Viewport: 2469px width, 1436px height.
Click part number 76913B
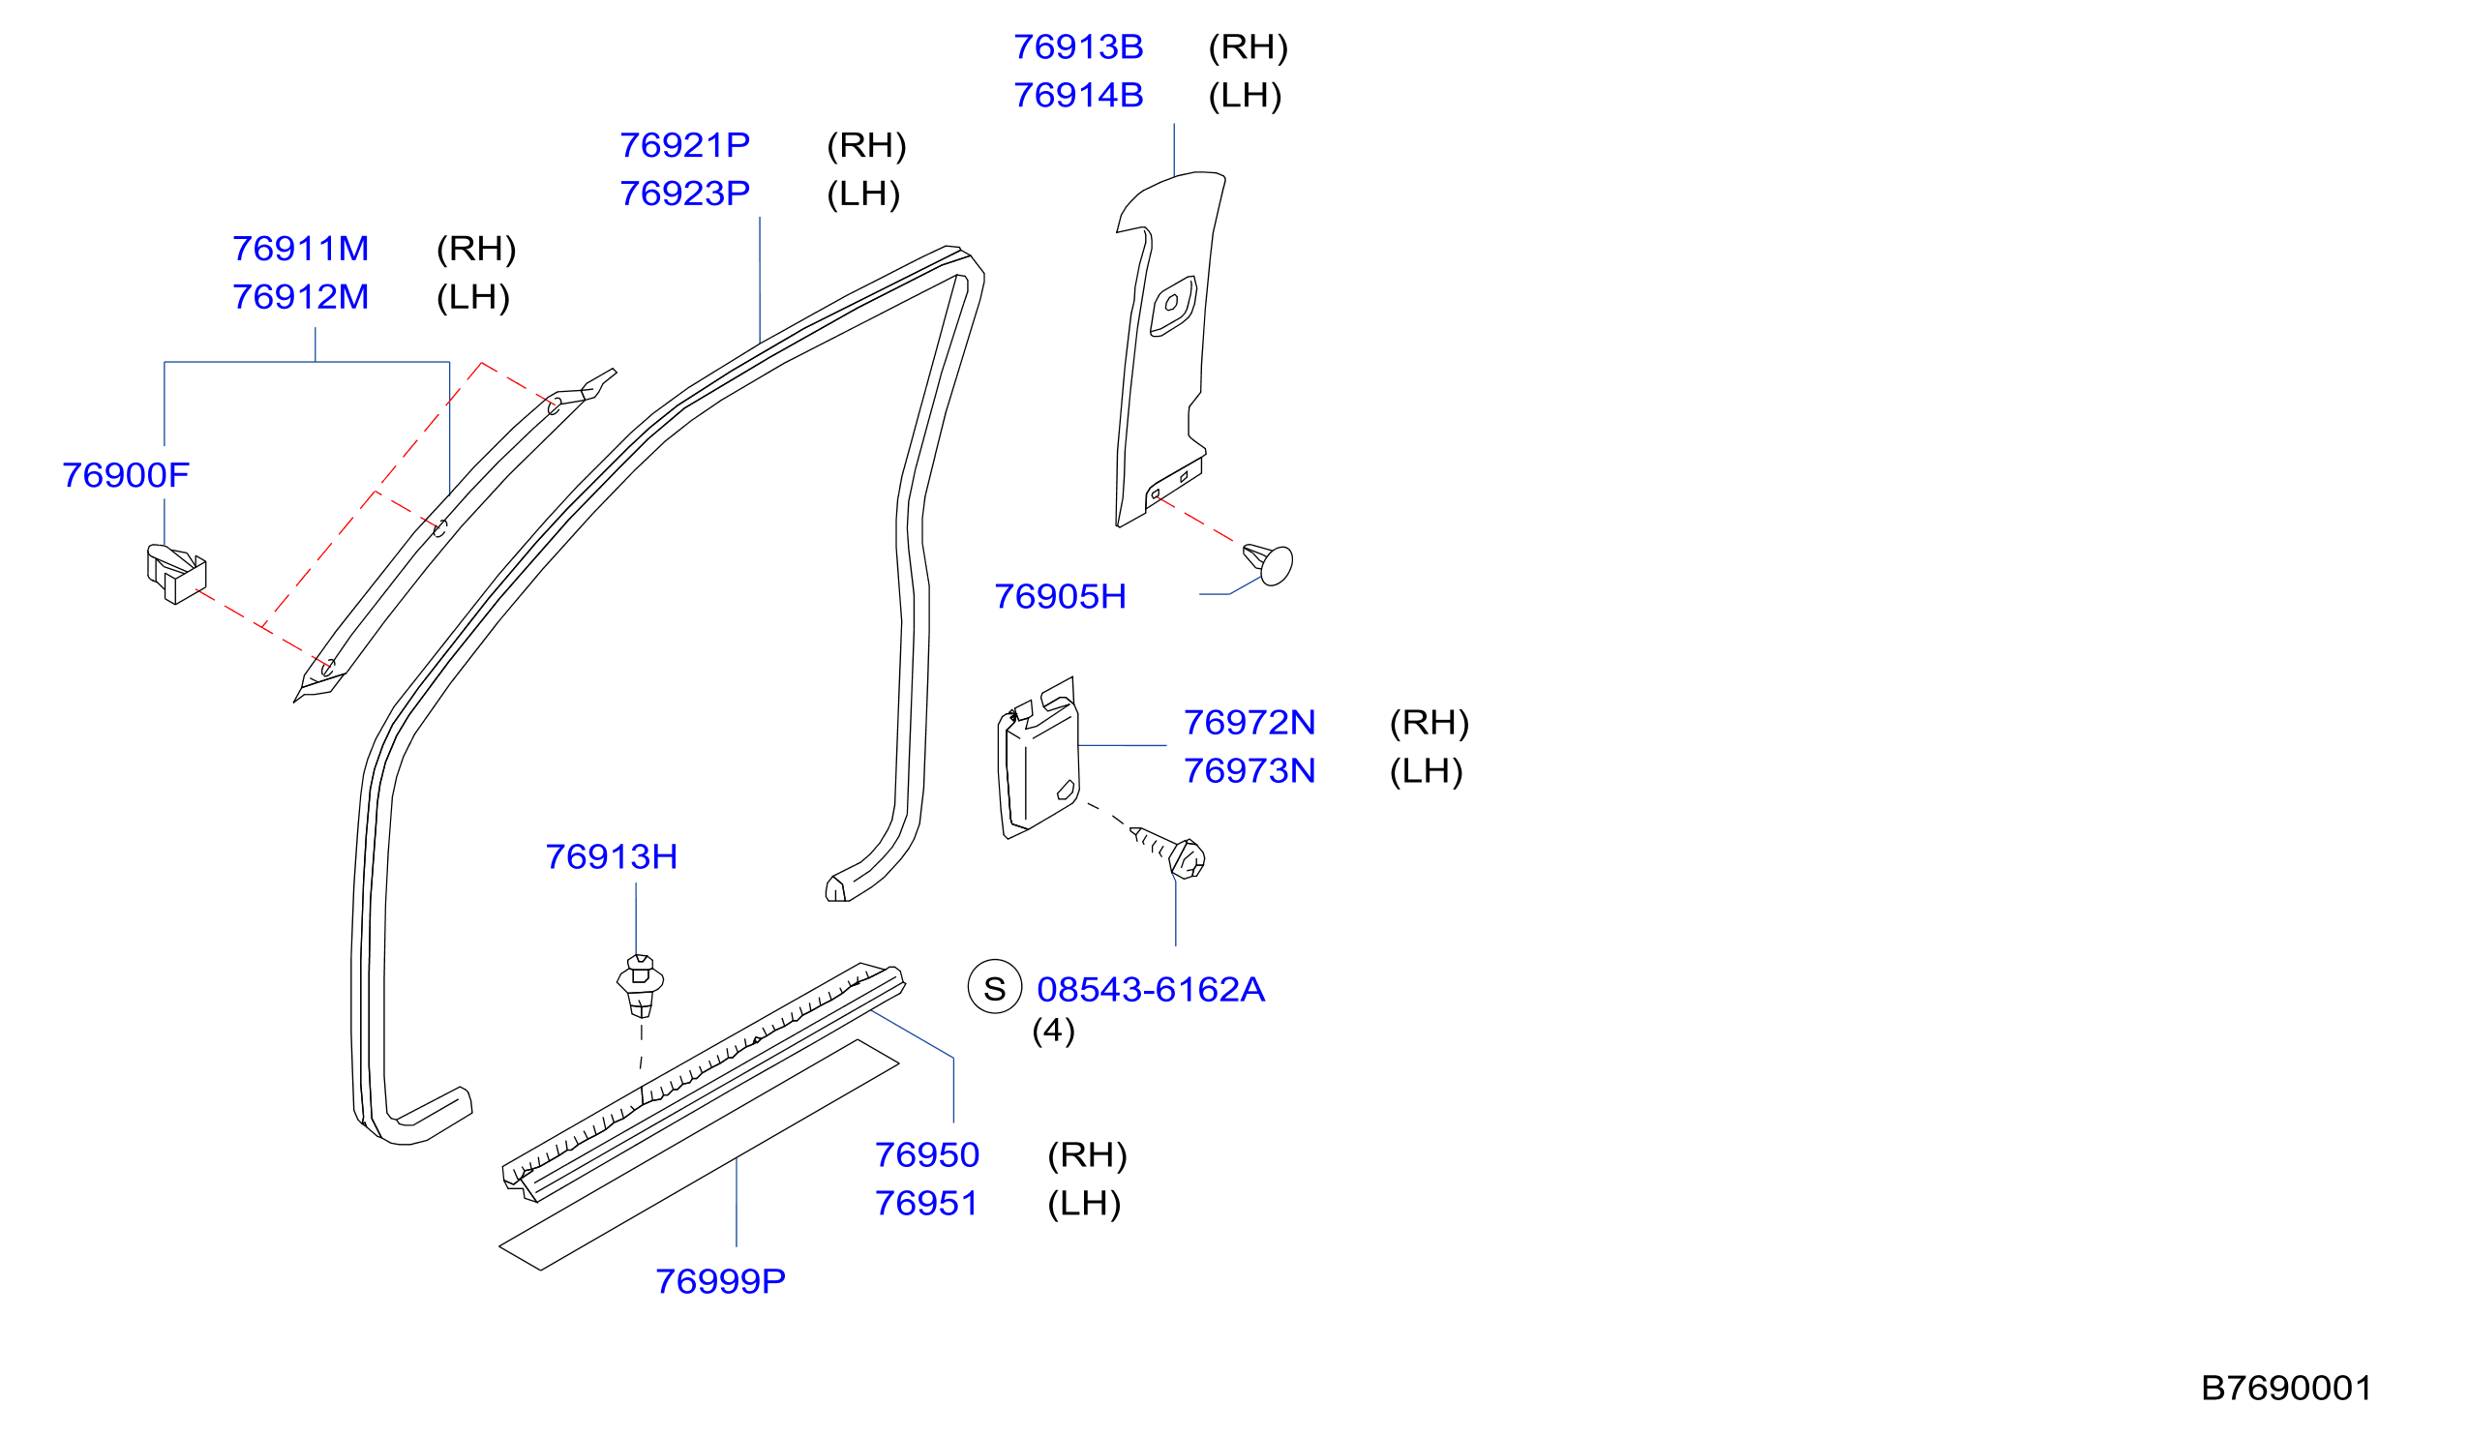click(x=1078, y=47)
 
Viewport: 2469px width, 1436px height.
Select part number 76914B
click(x=1078, y=96)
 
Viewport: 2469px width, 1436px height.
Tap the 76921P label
click(x=685, y=146)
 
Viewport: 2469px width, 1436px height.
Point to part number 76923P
click(x=685, y=194)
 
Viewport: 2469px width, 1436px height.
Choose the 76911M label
click(x=301, y=249)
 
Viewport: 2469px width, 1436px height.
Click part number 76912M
click(x=301, y=298)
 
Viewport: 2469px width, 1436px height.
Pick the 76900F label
click(x=126, y=476)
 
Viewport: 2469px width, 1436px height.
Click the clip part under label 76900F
click(x=176, y=574)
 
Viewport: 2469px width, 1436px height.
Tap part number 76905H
click(x=1060, y=596)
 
